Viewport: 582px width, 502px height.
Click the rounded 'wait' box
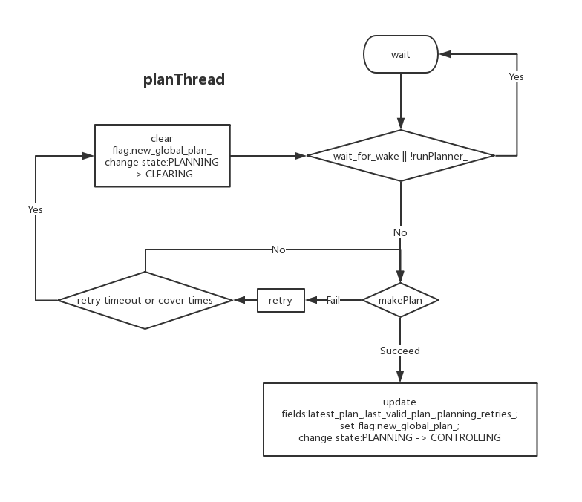point(401,54)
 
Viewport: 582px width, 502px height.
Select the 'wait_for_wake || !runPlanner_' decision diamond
point(401,156)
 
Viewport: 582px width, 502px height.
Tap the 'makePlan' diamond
point(401,301)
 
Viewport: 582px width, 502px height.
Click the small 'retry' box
point(281,301)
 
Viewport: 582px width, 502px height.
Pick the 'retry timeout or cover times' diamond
point(145,301)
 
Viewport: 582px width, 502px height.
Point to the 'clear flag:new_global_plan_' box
point(162,156)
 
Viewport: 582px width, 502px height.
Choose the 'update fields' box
point(399,420)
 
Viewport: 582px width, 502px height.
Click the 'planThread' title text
point(184,79)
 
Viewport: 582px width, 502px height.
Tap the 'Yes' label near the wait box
point(517,76)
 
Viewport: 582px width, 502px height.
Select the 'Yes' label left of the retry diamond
point(36,210)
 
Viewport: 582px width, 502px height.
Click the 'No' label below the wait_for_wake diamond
point(400,232)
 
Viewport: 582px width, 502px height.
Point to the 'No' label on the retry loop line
point(278,250)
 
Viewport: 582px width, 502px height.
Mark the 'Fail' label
point(334,301)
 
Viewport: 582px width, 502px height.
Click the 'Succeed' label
point(400,351)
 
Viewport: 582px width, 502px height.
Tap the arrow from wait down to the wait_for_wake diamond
point(401,101)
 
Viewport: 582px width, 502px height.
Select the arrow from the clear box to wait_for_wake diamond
point(267,156)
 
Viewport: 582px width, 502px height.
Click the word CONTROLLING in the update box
point(465,438)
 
